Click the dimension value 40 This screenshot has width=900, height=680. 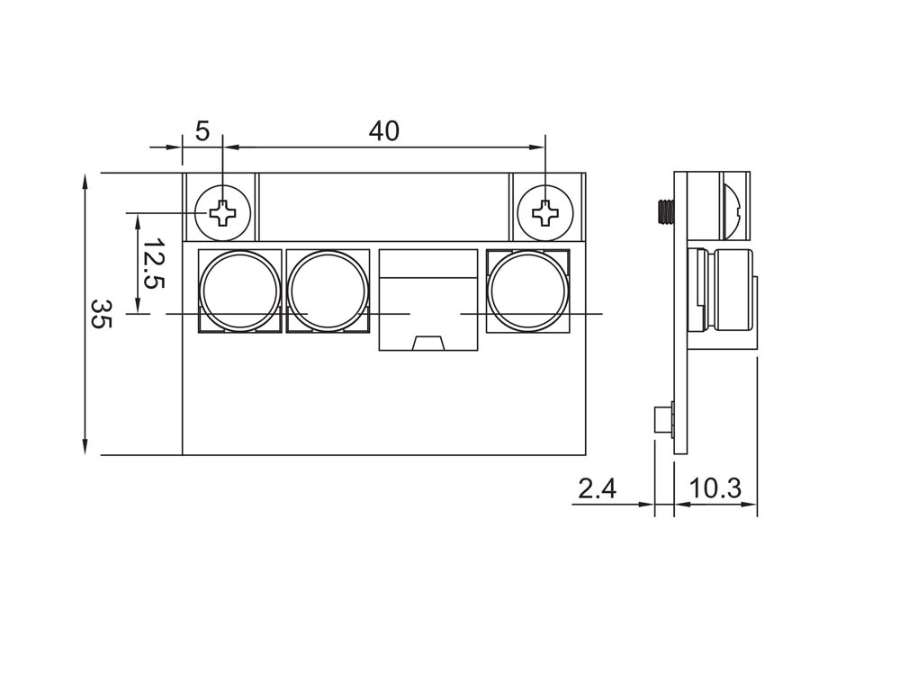click(x=384, y=131)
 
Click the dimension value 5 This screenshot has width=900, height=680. click(x=202, y=131)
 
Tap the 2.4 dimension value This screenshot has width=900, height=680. click(x=597, y=489)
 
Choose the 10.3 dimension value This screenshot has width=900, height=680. click(x=715, y=489)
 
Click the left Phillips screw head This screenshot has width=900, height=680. click(x=223, y=213)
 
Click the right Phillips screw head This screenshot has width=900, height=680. click(x=544, y=213)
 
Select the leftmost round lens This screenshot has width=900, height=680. click(x=239, y=291)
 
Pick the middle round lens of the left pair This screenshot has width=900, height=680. click(x=328, y=291)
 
